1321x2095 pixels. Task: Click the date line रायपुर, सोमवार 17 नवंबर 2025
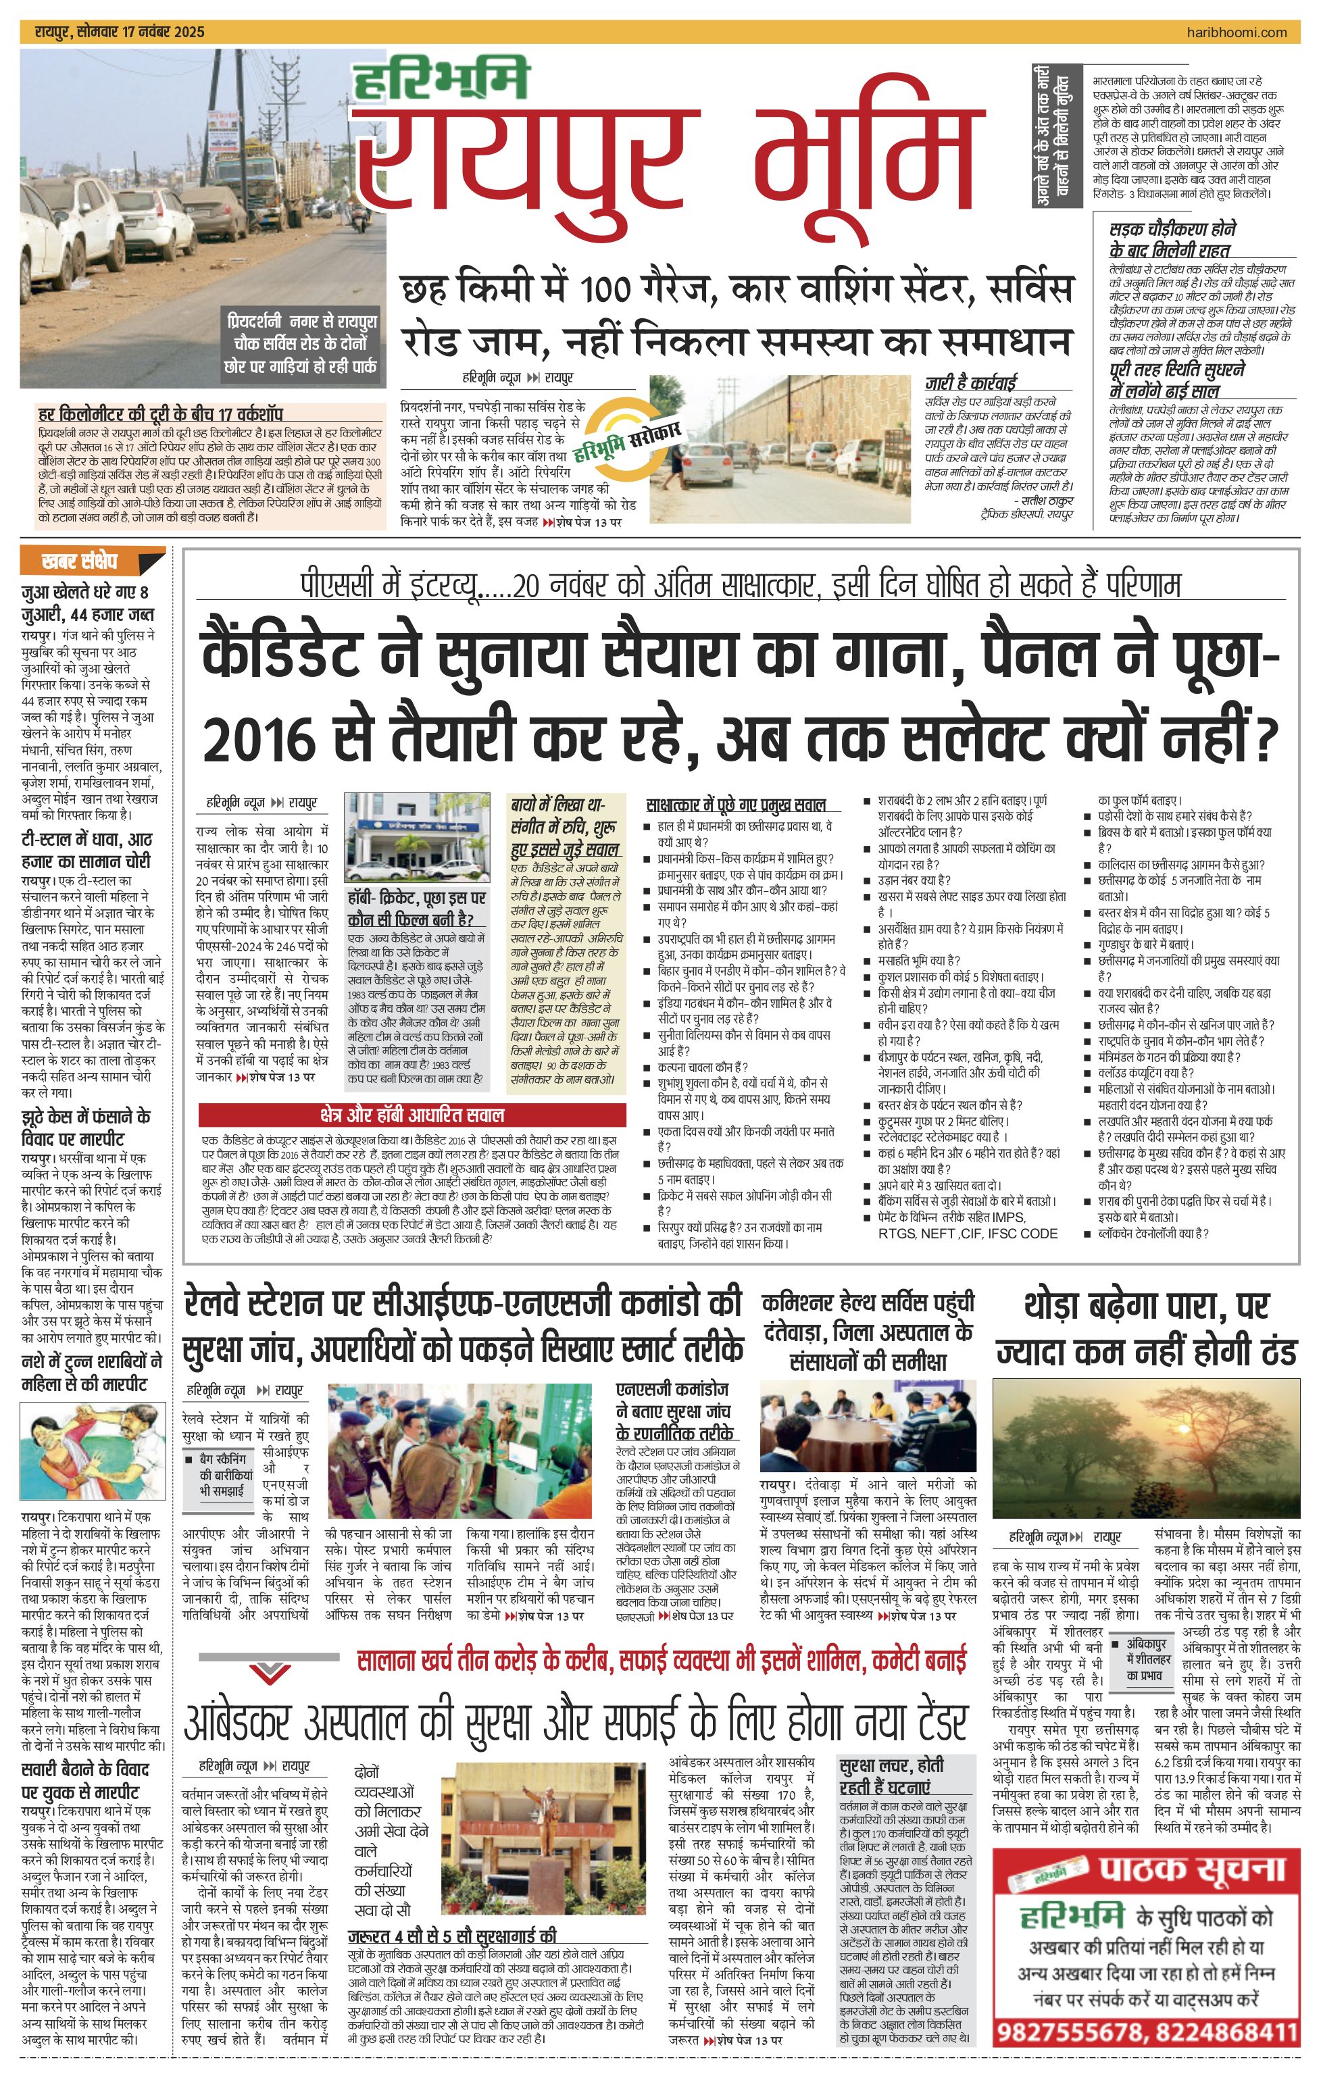click(120, 32)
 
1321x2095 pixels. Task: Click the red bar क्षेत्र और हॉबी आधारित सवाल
click(412, 1115)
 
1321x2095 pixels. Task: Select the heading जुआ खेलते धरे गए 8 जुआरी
click(87, 603)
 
